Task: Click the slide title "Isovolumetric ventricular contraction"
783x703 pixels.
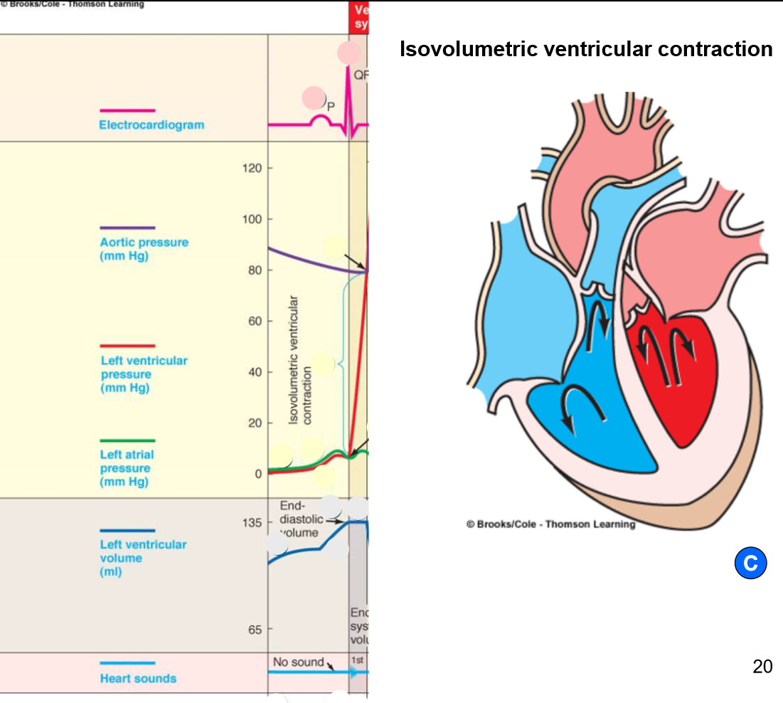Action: (586, 49)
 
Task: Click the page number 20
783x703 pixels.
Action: (762, 667)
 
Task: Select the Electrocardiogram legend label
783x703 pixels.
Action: (151, 125)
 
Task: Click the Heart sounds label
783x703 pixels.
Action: (138, 678)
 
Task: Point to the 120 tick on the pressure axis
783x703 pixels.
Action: (255, 169)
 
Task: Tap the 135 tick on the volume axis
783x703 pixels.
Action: (254, 522)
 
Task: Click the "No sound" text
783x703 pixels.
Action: (298, 662)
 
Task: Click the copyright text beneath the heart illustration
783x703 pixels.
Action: (550, 524)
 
